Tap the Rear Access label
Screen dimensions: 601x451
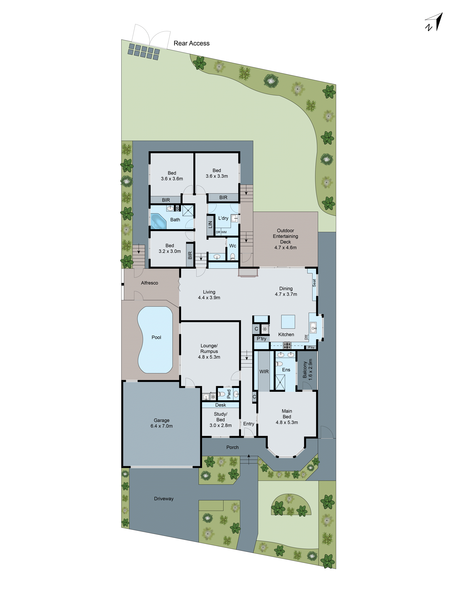click(191, 43)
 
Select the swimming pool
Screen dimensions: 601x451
click(155, 340)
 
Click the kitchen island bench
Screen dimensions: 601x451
click(288, 322)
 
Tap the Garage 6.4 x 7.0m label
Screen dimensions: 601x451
click(161, 423)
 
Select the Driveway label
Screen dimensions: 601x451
click(164, 499)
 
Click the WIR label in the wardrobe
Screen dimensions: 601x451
click(264, 371)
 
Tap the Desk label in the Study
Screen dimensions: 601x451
click(221, 405)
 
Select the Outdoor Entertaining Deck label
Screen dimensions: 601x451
click(285, 239)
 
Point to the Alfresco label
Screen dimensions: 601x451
click(149, 283)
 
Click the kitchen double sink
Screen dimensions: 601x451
click(313, 327)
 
